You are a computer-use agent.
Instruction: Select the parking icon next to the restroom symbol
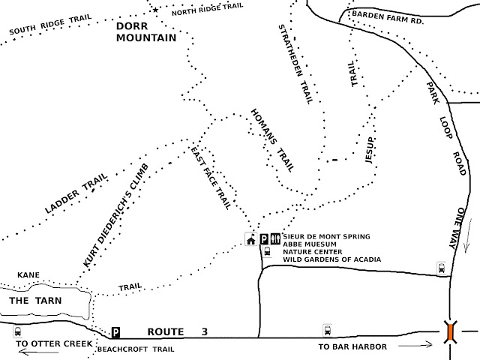coord(264,239)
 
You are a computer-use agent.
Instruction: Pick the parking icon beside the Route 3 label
coord(115,331)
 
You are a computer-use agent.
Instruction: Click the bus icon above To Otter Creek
coord(16,331)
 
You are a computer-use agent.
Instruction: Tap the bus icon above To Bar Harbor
coord(326,328)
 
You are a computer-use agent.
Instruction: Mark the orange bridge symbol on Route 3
coord(450,332)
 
